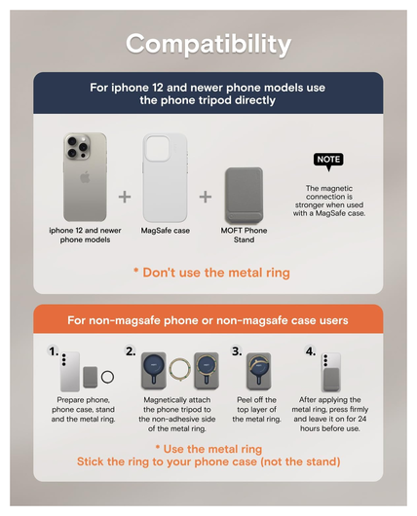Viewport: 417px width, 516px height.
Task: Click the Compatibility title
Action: (208, 45)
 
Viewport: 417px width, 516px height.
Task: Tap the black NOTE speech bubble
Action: (328, 161)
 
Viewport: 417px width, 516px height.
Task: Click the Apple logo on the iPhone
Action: (85, 177)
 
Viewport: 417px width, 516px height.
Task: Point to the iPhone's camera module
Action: (78, 147)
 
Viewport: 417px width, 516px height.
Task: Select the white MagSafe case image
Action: (165, 178)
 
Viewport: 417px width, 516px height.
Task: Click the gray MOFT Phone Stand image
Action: (245, 196)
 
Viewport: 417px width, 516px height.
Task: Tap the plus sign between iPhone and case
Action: (125, 197)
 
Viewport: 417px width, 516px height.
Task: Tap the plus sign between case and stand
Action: (206, 197)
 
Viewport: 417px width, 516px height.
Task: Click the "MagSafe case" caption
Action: (166, 231)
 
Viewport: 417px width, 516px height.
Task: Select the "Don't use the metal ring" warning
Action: (211, 273)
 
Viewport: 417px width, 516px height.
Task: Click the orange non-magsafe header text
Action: (208, 320)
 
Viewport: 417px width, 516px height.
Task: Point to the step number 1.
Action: (54, 351)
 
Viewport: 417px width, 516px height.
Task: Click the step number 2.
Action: (131, 351)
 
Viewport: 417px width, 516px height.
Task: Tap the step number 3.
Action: (237, 351)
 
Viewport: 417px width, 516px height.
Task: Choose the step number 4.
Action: (311, 351)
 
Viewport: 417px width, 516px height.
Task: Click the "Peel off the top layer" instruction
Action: (256, 409)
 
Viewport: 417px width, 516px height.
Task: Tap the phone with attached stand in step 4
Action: (331, 372)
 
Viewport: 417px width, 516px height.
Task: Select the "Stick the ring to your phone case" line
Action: (208, 461)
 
